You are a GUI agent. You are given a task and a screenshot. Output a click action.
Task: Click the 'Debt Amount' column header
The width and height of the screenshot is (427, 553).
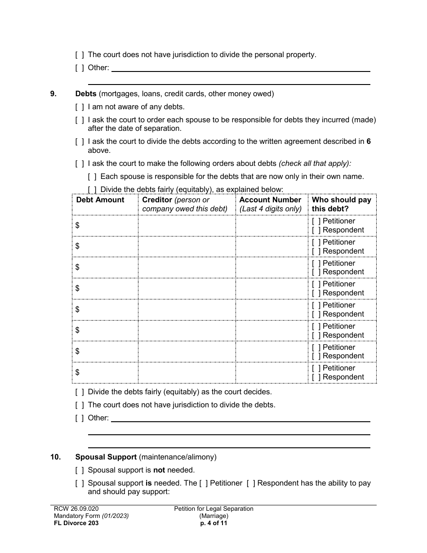point(100,200)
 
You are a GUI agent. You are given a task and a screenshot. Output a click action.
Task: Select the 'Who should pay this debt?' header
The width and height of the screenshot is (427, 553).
point(342,204)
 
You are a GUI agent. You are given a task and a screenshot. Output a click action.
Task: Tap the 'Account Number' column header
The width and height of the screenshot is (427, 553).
point(270,200)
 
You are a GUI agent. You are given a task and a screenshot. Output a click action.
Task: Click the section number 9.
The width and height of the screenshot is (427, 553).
point(53,94)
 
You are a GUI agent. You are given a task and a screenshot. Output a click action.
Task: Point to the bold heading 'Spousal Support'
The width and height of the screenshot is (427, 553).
point(106,457)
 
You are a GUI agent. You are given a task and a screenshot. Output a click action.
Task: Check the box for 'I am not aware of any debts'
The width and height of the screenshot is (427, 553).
point(80,107)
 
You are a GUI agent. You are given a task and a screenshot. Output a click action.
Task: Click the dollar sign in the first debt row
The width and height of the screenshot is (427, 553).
point(78,225)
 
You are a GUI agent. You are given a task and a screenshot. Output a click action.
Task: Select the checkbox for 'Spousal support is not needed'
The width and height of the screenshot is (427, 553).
point(80,470)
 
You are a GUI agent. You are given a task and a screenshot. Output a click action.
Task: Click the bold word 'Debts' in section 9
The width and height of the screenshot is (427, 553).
point(86,94)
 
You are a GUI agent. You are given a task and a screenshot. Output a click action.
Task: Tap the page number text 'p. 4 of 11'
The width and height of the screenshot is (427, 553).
point(213,523)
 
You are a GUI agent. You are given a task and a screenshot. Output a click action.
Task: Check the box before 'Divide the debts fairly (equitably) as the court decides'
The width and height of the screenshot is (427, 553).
point(80,392)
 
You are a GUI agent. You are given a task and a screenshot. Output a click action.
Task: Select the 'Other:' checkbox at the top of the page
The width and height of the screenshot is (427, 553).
point(80,68)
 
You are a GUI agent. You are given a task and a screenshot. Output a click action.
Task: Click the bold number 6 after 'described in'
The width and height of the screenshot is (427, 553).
point(369,141)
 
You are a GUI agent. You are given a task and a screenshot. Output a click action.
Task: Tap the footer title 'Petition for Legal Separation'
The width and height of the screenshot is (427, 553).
point(214,509)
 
